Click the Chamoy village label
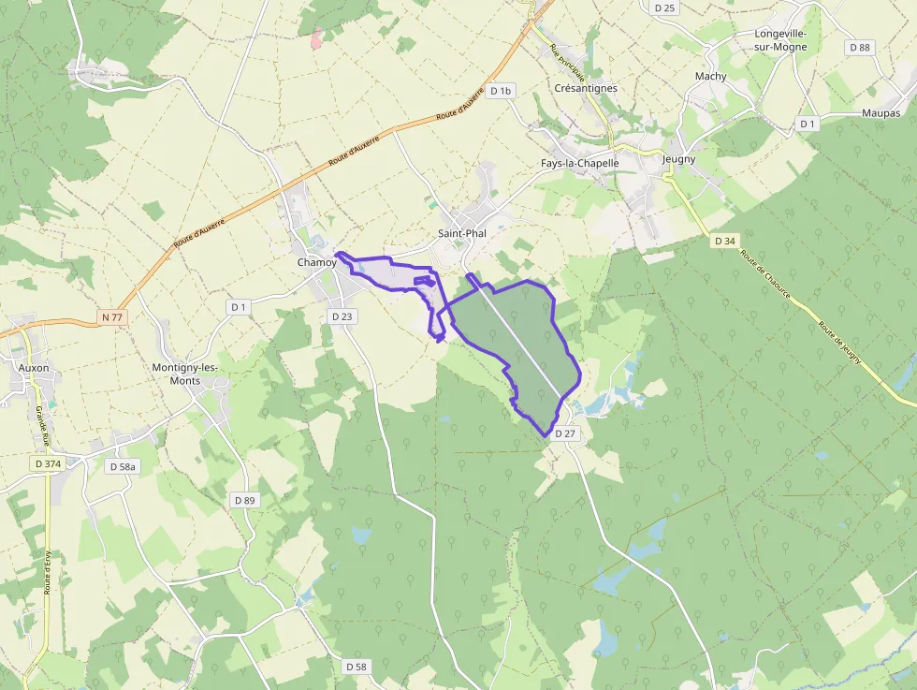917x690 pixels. (316, 263)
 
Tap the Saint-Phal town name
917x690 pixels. (462, 233)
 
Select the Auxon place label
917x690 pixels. (34, 368)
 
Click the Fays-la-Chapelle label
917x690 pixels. (580, 163)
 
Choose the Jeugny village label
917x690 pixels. (678, 159)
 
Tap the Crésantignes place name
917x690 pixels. (586, 88)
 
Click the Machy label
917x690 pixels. (710, 77)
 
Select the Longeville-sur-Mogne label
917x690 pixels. (780, 40)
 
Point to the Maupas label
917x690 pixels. (879, 113)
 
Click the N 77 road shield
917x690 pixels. (111, 317)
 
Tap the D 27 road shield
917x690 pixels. (564, 434)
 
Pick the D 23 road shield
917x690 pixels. (342, 316)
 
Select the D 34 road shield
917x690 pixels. (724, 242)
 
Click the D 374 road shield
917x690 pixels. (47, 463)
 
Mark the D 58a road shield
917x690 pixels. (122, 466)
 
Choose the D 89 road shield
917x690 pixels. (243, 501)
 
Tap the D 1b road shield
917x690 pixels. (501, 91)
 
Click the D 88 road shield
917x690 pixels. (859, 47)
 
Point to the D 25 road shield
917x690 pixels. (665, 7)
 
